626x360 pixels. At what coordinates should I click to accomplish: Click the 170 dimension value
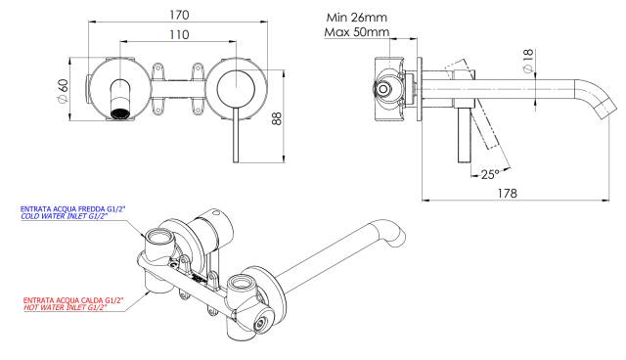179,16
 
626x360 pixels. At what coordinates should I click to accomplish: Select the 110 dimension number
179,34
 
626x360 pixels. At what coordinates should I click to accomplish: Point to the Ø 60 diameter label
63,91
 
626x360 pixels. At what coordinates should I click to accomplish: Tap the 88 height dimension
277,118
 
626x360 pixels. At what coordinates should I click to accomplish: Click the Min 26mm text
356,18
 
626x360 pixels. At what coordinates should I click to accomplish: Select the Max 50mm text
356,32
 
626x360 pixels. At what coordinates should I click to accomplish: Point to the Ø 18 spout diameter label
528,61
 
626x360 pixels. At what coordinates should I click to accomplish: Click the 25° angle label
490,174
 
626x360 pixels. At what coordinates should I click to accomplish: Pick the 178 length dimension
507,193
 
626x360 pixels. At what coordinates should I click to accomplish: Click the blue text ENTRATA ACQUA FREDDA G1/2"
70,208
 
